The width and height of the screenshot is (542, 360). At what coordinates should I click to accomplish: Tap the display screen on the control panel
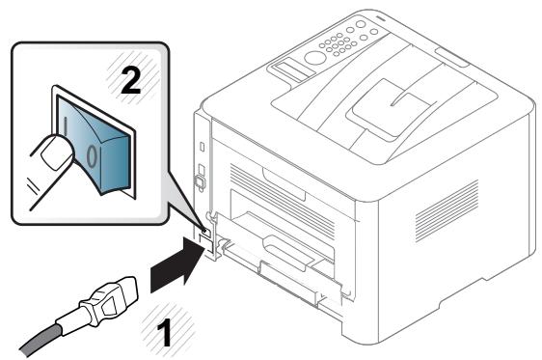pos(288,69)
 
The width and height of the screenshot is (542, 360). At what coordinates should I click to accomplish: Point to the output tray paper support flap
pos(386,100)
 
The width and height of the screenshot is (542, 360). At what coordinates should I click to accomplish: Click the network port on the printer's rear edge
pos(200,178)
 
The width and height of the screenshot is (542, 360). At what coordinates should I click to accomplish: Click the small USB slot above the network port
pos(199,145)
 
